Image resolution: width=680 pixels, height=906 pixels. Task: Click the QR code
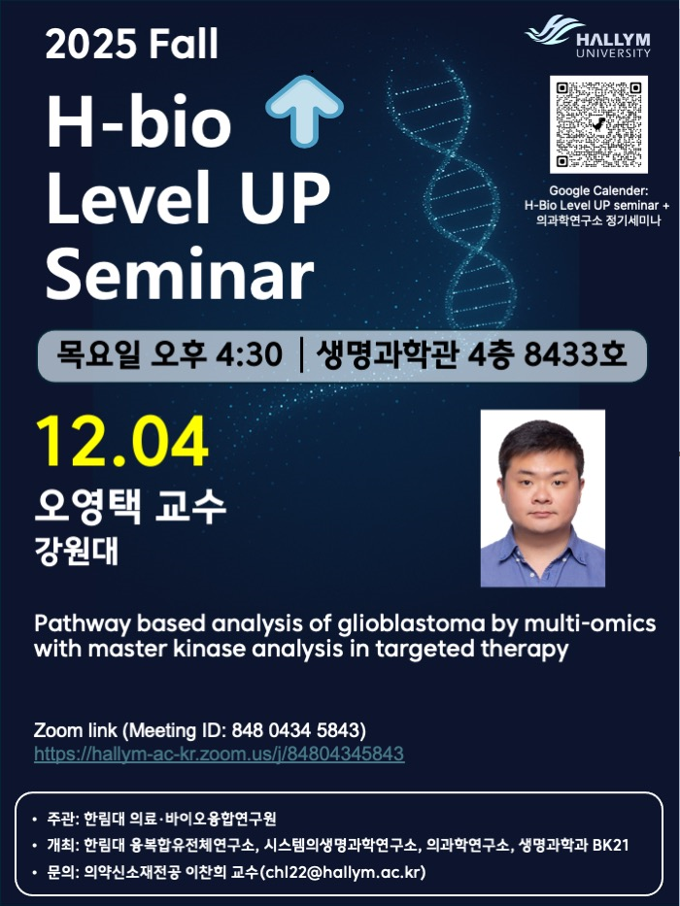coord(598,124)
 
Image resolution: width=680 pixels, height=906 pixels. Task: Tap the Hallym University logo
coord(588,36)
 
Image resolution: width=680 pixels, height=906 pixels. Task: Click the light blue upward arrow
coord(304,111)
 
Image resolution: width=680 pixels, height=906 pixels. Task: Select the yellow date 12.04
coord(122,441)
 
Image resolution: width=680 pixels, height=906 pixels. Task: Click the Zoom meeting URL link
coord(220,755)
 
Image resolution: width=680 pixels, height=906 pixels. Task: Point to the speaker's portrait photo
coord(542,498)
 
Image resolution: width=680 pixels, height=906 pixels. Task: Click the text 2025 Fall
coord(132,44)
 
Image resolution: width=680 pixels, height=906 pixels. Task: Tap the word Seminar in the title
coord(180,274)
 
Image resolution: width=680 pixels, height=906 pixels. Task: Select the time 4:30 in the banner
coord(250,354)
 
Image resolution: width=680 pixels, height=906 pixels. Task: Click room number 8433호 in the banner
coord(575,354)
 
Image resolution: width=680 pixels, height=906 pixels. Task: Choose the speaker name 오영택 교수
coord(130,507)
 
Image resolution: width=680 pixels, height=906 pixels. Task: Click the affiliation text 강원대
coord(77,551)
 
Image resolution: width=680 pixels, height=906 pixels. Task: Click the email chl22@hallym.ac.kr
coord(344,872)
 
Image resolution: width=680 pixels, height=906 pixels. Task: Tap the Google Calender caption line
coord(598,190)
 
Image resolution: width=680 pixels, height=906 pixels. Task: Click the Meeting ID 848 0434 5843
coord(296,730)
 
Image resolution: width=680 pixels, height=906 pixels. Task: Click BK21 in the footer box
coord(611,845)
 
